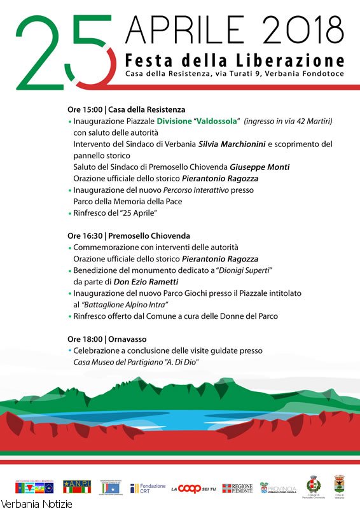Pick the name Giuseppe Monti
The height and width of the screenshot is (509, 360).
(x=260, y=167)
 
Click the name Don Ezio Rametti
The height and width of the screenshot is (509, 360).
(x=150, y=281)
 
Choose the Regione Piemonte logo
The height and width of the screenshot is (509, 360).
(x=237, y=488)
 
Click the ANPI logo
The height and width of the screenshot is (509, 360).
(x=76, y=487)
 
